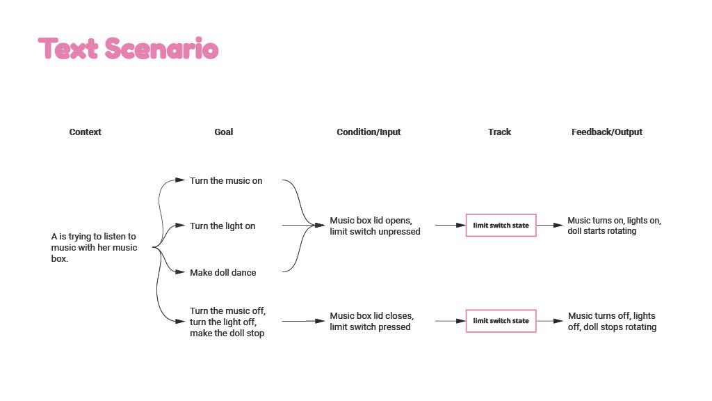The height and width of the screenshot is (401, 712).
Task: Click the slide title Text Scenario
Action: click(128, 48)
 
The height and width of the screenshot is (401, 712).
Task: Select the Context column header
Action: click(85, 132)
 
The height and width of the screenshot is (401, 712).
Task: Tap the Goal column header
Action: click(223, 132)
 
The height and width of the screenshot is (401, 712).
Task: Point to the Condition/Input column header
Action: click(369, 132)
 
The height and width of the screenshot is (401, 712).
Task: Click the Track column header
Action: click(499, 132)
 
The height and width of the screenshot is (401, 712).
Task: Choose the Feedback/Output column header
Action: click(606, 132)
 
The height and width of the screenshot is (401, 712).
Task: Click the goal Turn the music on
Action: click(226, 180)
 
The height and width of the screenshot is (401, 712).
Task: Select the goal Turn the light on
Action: click(222, 226)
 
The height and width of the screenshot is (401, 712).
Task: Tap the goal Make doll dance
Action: click(222, 272)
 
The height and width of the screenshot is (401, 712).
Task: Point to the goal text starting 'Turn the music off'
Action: click(227, 322)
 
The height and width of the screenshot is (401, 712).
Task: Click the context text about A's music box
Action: click(94, 247)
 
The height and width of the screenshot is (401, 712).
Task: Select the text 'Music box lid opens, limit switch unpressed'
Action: click(375, 226)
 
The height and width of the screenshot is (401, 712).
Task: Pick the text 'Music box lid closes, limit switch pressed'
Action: click(371, 322)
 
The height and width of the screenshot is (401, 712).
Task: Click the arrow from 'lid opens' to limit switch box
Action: click(451, 225)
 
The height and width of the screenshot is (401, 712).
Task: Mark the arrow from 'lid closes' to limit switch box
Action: click(451, 321)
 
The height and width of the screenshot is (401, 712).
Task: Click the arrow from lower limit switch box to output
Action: click(550, 321)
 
